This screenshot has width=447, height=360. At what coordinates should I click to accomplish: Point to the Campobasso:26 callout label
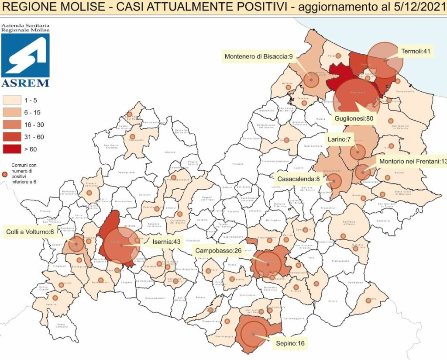pos(221,251)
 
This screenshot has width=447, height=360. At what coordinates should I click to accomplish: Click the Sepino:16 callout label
pos(290,343)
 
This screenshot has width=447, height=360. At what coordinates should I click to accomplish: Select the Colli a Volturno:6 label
pos(30,231)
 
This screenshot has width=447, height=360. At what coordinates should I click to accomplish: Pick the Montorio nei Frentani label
pos(413,161)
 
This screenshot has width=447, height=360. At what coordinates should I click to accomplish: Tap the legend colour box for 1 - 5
pos(13,100)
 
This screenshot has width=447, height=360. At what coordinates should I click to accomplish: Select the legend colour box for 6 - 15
pos(13,112)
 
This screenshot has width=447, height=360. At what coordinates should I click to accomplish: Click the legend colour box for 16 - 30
pos(13,124)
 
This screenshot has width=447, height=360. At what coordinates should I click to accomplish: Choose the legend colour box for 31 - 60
pos(13,137)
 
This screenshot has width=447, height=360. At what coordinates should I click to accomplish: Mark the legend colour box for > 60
pos(13,149)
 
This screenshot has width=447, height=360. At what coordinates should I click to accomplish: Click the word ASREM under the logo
pos(25,83)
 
